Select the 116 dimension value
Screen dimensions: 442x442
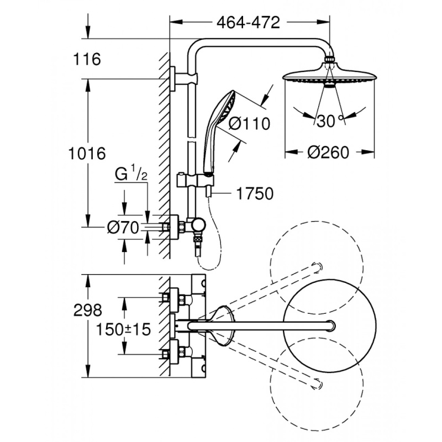88,59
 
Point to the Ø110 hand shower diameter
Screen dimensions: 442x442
249,123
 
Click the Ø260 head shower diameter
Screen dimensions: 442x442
328,152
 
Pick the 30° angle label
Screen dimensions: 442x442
327,121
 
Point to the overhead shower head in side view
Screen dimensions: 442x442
328,78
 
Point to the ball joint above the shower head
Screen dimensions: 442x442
329,60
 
